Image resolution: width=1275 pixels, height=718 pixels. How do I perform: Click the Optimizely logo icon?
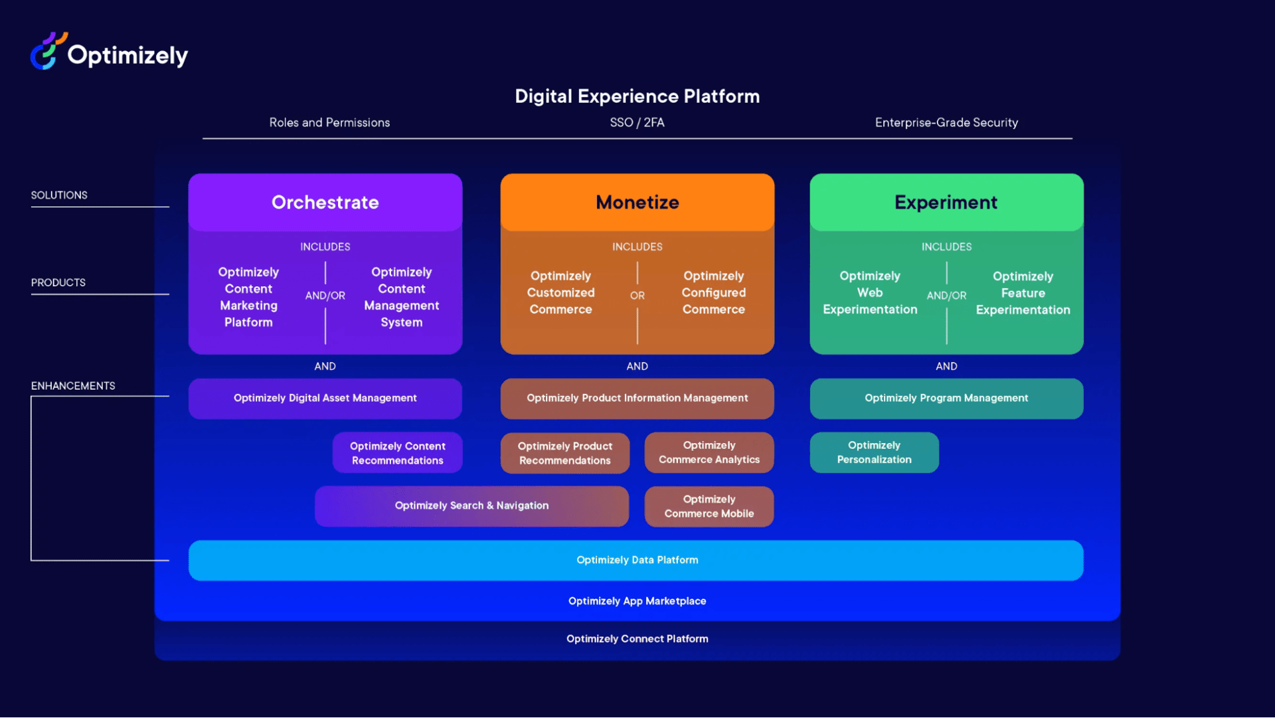click(x=48, y=51)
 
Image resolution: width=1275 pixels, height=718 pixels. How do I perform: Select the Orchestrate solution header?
click(x=325, y=203)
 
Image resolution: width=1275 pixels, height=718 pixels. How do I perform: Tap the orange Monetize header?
click(x=637, y=203)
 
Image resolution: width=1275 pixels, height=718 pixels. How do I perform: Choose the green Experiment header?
click(x=946, y=203)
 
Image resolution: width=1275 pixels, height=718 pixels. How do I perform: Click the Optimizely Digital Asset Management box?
click(x=325, y=399)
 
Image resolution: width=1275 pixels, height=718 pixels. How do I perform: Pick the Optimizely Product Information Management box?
click(x=637, y=399)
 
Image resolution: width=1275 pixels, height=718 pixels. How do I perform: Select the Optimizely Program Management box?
click(x=946, y=399)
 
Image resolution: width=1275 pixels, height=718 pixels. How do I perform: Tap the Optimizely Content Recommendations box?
click(x=397, y=453)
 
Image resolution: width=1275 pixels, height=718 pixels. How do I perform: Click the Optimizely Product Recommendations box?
click(x=564, y=453)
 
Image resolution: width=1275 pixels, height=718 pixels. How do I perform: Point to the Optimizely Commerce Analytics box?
click(x=709, y=453)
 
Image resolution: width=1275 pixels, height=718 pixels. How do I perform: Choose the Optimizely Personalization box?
click(x=874, y=453)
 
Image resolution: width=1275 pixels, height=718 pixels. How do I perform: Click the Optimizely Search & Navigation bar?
click(x=471, y=506)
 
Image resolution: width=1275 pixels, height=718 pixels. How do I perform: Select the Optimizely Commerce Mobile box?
click(x=709, y=507)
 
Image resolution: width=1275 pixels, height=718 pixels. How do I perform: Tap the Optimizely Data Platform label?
click(x=637, y=561)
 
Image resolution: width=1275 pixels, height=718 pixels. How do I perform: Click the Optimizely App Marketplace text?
click(x=637, y=601)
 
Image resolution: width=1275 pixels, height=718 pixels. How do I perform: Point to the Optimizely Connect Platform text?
click(x=637, y=639)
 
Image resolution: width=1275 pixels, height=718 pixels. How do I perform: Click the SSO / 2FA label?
click(x=637, y=123)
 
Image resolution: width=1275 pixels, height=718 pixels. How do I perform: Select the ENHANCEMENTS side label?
click(x=73, y=386)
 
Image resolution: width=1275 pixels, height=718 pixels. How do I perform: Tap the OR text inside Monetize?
click(x=637, y=296)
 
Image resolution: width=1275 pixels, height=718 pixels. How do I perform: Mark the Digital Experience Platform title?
click(x=637, y=96)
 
